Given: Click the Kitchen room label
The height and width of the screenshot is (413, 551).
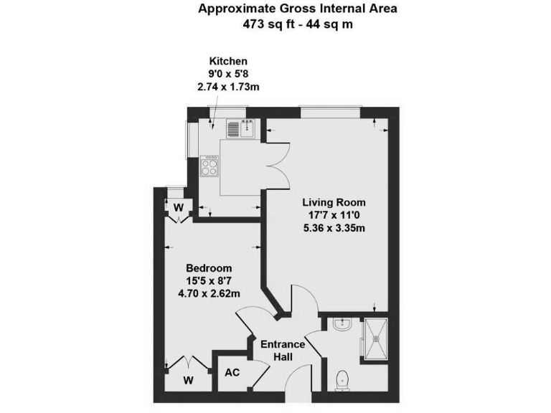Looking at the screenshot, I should pos(227,61).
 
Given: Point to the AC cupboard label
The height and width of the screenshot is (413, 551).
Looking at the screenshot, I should pos(232,373).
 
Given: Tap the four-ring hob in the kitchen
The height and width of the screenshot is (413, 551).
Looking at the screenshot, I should pos(209,166).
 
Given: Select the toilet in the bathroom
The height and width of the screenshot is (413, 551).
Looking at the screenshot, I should pos(343,377).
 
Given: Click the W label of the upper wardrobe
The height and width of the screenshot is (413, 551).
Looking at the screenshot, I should pos(179,207).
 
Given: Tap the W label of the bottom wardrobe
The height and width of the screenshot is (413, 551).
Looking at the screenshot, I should pos(187,379).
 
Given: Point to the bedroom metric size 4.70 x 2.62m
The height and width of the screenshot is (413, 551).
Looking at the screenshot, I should pos(209,294).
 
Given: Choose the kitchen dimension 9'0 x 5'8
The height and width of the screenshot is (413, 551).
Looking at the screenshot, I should pos(227,74).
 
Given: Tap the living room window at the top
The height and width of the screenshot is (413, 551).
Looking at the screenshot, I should pos(331,111).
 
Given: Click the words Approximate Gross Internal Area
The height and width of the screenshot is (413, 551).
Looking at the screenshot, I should pos(297,9).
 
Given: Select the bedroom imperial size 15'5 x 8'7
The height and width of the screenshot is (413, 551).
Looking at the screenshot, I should pos(209,281).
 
